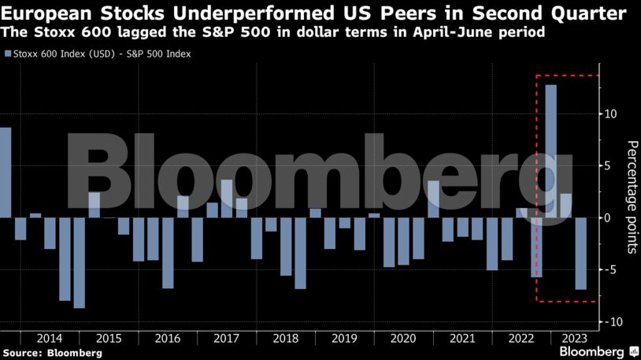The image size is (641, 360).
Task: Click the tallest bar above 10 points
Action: pyautogui.click(x=551, y=150)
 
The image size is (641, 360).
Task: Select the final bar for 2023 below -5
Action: pyautogui.click(x=580, y=254)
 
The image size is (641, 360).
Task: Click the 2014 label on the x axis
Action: pyautogui.click(x=49, y=336)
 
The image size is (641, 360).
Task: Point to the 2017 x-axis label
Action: pyautogui.click(x=226, y=336)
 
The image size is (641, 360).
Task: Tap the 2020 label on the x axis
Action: pyautogui.click(x=403, y=336)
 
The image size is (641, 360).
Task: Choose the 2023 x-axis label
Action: pyautogui.click(x=572, y=336)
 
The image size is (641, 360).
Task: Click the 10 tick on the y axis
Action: pyautogui.click(x=610, y=113)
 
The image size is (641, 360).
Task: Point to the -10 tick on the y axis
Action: pyautogui.click(x=609, y=322)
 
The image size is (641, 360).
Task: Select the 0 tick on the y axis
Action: pyautogui.click(x=607, y=217)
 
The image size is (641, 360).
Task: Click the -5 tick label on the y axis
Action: pyautogui.click(x=607, y=270)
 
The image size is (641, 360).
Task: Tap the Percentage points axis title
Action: pyautogui.click(x=632, y=197)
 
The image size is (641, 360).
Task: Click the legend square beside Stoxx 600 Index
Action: pyautogui.click(x=8, y=54)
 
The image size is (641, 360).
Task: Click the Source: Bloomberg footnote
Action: pyautogui.click(x=52, y=353)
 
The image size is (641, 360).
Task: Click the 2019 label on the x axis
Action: pyautogui.click(x=344, y=336)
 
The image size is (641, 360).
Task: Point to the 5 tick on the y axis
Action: pyautogui.click(x=607, y=165)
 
